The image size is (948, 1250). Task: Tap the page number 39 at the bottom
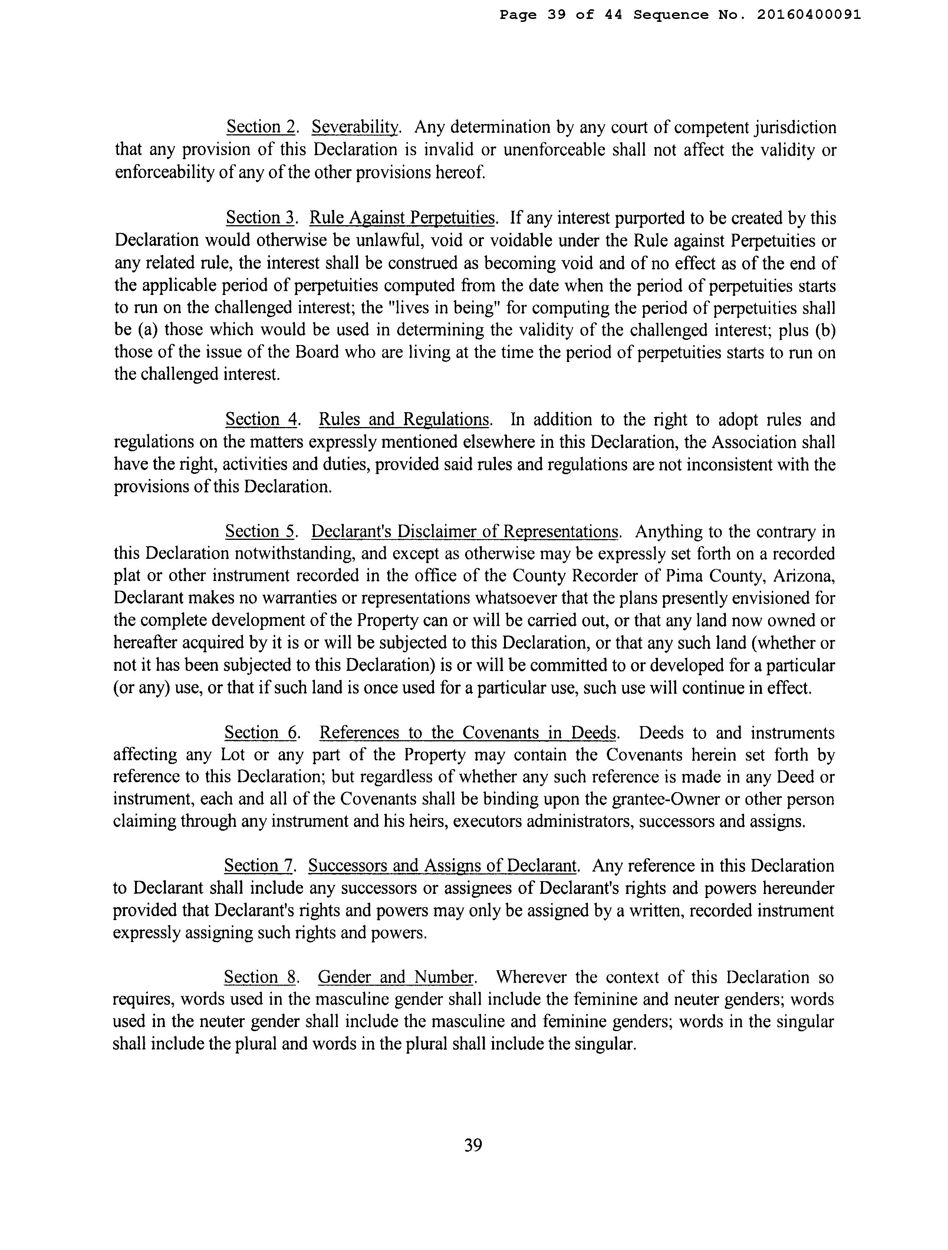pyautogui.click(x=473, y=1145)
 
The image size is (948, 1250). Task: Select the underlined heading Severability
pyautogui.click(x=355, y=128)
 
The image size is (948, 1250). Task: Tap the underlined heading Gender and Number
pyautogui.click(x=395, y=977)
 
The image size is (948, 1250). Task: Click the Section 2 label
pyautogui.click(x=261, y=128)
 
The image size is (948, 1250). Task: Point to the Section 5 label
pyautogui.click(x=260, y=532)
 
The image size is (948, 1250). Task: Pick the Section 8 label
pyautogui.click(x=260, y=977)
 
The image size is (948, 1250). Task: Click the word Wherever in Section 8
pyautogui.click(x=531, y=977)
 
